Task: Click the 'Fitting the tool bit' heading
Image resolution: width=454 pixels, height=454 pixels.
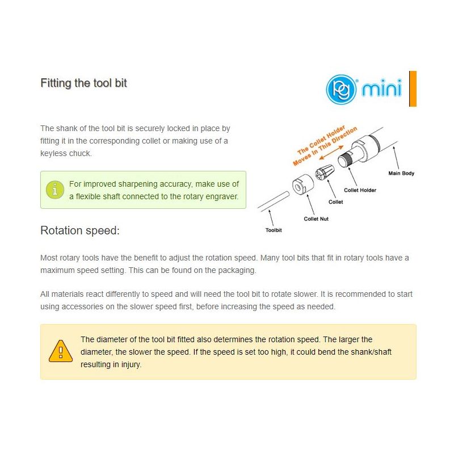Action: (83, 83)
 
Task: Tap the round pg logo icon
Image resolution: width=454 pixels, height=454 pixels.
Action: (341, 89)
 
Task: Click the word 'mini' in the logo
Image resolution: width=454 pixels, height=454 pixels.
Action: (382, 87)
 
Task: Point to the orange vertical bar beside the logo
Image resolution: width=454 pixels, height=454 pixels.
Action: (413, 89)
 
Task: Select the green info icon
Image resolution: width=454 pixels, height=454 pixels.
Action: (55, 190)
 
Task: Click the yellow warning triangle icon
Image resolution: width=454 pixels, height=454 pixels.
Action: (61, 351)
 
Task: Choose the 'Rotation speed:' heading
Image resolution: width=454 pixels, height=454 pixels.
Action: (80, 230)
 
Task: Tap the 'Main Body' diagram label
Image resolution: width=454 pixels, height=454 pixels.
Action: (401, 173)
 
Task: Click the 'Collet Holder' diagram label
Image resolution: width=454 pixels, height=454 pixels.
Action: (360, 190)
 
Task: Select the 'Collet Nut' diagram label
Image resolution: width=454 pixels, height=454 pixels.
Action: (316, 219)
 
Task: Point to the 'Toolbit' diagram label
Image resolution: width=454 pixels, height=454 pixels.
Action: (274, 230)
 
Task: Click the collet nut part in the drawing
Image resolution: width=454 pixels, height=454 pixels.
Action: (303, 184)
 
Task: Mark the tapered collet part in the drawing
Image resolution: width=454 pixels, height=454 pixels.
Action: (324, 172)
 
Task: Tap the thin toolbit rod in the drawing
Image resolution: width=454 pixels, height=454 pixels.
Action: (273, 200)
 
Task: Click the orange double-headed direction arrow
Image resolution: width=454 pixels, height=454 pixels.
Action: (331, 153)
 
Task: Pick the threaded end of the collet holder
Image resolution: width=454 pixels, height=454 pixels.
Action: (345, 159)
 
